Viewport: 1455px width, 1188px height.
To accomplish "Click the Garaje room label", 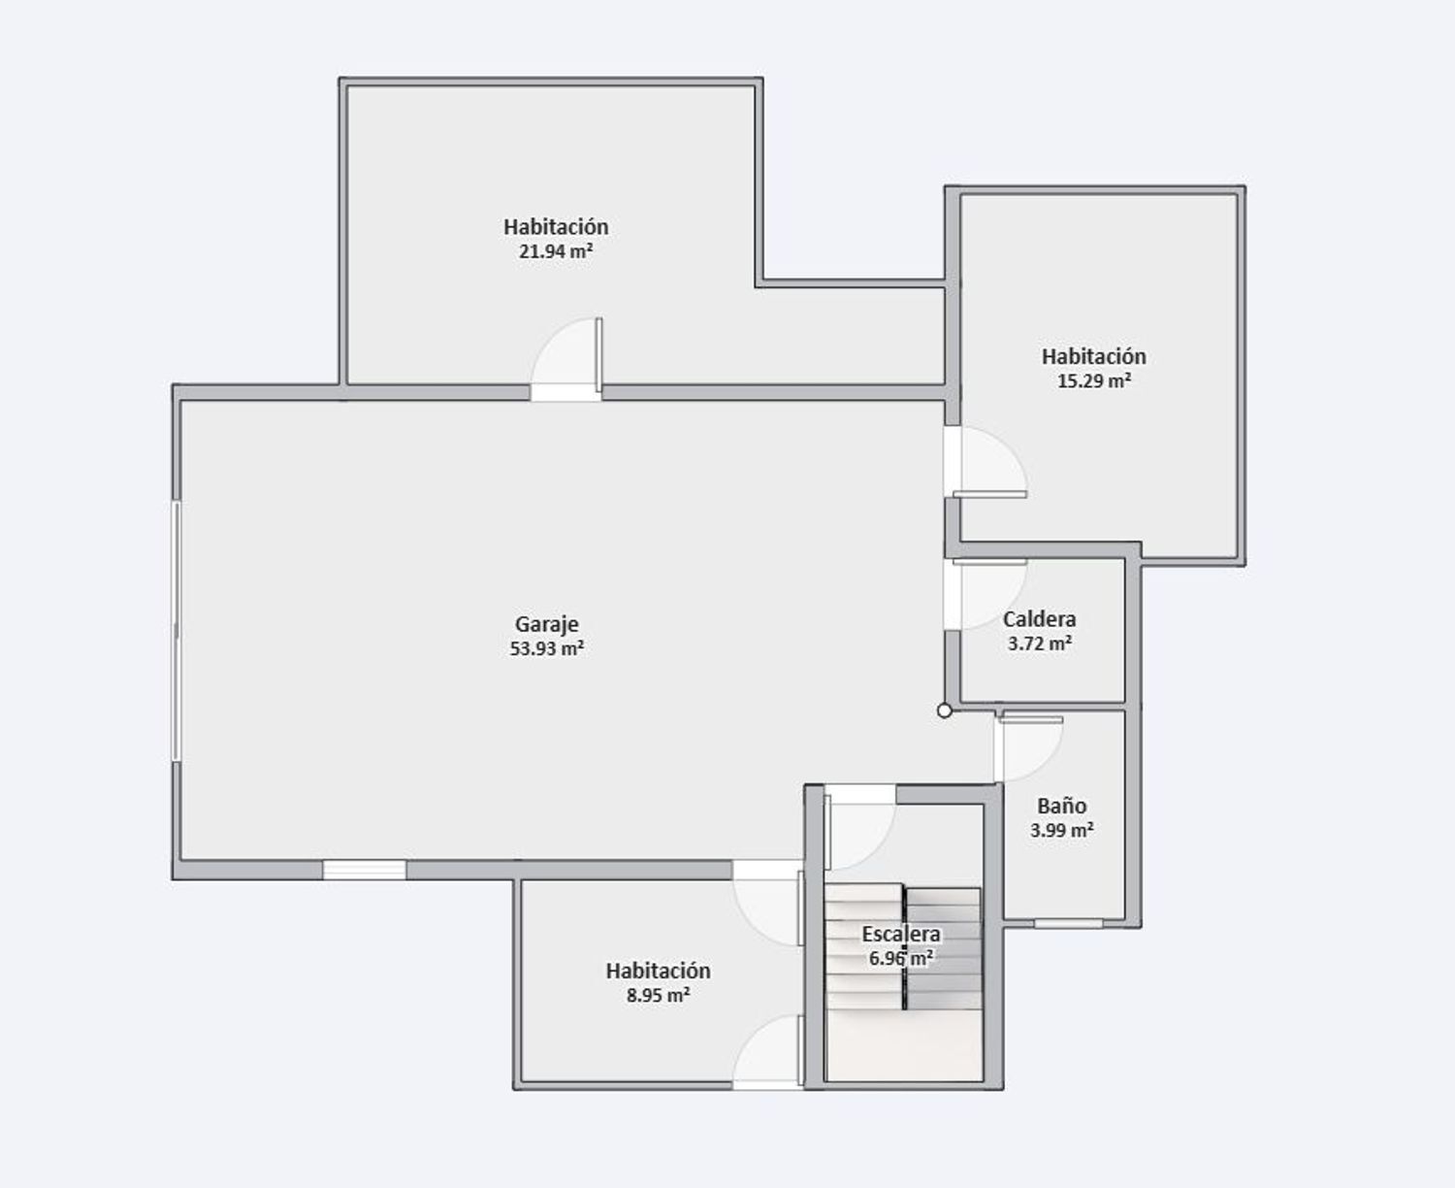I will pos(546,624).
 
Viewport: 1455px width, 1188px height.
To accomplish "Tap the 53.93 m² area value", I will pos(546,648).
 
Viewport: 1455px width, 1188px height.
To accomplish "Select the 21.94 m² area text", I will pos(555,251).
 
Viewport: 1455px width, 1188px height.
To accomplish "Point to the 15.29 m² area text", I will pos(1093,381).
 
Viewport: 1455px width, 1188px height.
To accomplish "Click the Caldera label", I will pos(1039,619).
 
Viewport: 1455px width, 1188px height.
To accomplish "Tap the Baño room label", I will pos(1061,806).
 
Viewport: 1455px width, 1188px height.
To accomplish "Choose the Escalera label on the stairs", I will pos(901,934).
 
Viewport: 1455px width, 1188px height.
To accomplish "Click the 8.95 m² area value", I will pos(658,995).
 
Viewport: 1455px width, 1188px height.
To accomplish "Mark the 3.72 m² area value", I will pos(1039,643).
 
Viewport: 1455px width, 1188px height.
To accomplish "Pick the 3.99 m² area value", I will pos(1061,830).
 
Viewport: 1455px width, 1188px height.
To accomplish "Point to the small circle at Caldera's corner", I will pos(945,710).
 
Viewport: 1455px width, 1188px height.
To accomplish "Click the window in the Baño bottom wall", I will pos(1068,923).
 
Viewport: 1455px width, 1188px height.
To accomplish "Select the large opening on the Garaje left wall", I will pos(177,631).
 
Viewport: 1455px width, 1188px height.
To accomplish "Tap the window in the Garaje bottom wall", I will pos(364,870).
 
